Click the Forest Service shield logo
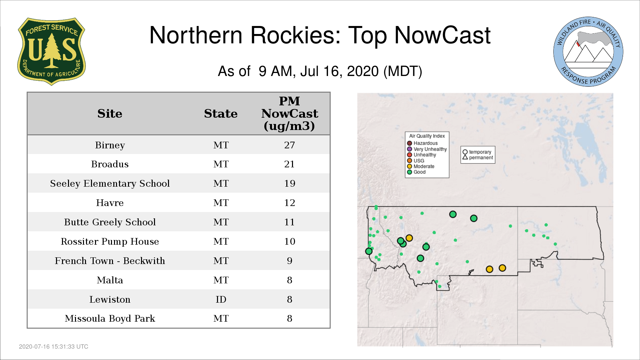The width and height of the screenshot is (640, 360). coord(51,51)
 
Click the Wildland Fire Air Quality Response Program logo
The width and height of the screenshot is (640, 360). coord(588,52)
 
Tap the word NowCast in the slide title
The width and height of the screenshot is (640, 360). coord(442,35)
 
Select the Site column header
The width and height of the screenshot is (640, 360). coord(110,114)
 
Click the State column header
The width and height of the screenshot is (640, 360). coord(221,114)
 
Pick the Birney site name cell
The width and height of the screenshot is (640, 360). coord(110,145)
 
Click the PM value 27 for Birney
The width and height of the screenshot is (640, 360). coord(289,145)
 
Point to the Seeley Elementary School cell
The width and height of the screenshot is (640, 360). coord(110,184)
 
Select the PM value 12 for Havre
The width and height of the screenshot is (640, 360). coord(289,203)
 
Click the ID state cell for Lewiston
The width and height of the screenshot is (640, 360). coord(221,299)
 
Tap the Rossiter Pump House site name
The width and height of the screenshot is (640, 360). coord(110,242)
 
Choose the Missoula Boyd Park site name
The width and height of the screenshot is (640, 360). coord(110,319)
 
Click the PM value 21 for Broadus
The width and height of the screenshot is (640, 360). coord(289,164)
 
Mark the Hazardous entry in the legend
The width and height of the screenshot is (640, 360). coord(422,143)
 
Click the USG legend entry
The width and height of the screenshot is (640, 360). coord(416,161)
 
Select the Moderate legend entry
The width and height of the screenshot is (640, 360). coord(421,166)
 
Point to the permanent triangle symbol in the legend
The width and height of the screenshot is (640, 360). coord(465,157)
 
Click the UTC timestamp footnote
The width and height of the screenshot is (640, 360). coord(54,347)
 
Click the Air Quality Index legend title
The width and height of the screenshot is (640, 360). coord(427,136)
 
